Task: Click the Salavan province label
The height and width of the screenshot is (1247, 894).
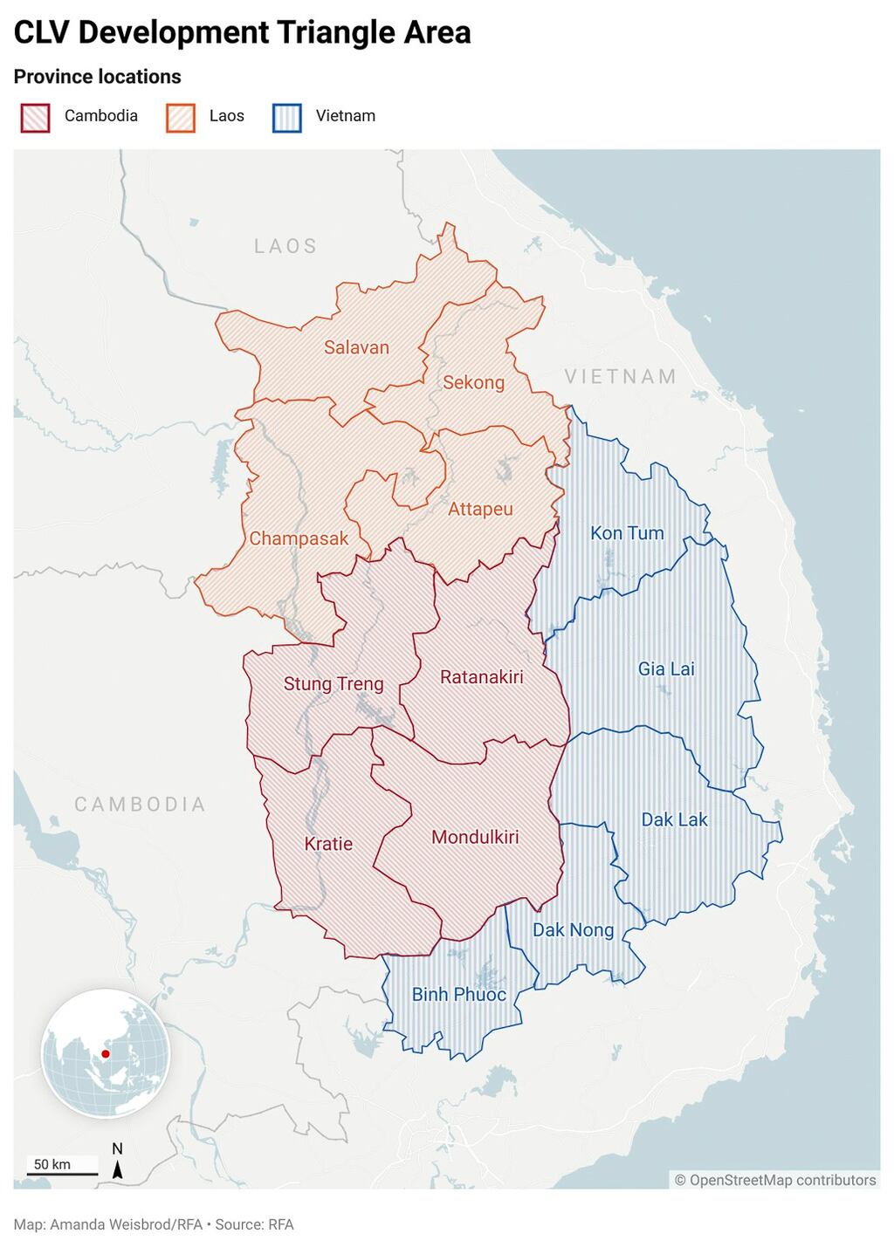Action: (356, 347)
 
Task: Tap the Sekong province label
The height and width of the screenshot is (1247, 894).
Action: (473, 382)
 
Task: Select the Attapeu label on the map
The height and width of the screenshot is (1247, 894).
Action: (480, 509)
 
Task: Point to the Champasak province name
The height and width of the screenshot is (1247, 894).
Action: (299, 538)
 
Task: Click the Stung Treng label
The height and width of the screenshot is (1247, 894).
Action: (334, 684)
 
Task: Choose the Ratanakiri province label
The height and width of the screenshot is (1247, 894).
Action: (481, 677)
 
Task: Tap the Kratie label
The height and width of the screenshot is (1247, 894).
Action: (328, 844)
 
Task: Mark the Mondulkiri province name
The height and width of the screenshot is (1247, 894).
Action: (475, 837)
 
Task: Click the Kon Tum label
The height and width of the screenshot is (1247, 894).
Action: (627, 533)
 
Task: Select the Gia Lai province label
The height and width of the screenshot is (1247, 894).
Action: (666, 669)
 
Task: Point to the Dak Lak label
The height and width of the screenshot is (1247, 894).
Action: (674, 819)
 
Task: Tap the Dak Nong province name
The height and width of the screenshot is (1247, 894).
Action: (573, 930)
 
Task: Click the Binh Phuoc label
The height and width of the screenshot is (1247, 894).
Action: (458, 994)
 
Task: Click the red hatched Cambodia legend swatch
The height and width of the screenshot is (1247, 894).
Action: (35, 117)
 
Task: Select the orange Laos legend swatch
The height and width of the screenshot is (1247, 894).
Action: (180, 117)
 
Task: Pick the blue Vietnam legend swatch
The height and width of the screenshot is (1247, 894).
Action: (286, 117)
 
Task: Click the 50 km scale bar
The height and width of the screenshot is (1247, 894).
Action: (61, 1174)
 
